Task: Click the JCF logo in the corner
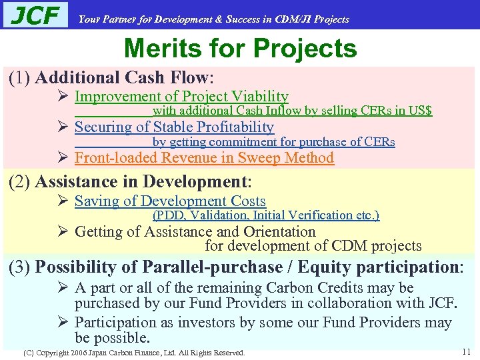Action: pos(35,15)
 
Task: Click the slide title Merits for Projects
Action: pos(240,48)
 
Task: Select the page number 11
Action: pos(466,351)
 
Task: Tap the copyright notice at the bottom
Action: pos(134,352)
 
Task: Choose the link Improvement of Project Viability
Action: pos(181,97)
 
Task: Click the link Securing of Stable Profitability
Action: pos(174,127)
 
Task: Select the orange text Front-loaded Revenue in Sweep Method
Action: pos(204,158)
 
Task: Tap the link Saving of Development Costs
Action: pos(170,201)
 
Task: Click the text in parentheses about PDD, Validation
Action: pos(266,215)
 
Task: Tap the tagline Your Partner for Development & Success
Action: pos(213,19)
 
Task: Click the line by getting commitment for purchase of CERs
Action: pos(273,142)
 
